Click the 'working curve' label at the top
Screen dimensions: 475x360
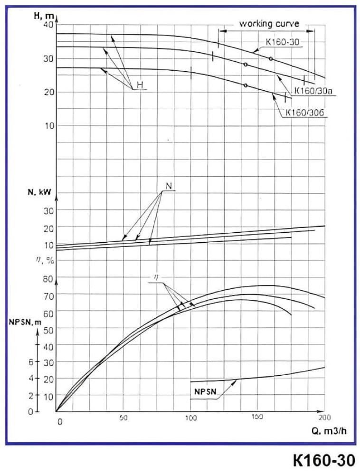click(x=269, y=23)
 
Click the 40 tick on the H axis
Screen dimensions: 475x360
click(x=48, y=25)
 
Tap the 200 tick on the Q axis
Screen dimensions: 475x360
click(x=325, y=418)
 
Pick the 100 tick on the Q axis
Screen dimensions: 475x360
click(x=190, y=418)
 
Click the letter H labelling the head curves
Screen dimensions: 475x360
click(x=140, y=85)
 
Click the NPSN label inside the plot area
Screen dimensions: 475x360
click(x=206, y=392)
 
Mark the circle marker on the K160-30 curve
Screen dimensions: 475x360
click(x=271, y=58)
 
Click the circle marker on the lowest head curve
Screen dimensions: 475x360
click(x=245, y=85)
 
